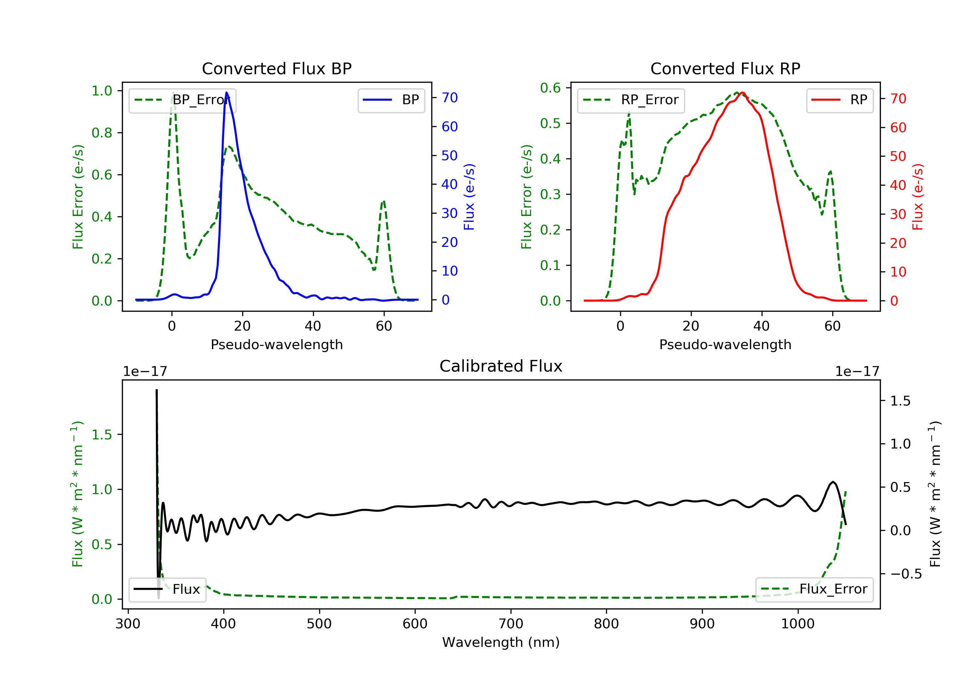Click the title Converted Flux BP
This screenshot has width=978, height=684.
click(x=276, y=68)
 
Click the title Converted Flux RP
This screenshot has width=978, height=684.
click(x=725, y=68)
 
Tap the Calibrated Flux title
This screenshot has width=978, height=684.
click(x=501, y=366)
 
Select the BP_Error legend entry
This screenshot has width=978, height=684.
click(x=182, y=100)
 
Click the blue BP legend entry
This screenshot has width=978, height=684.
click(x=391, y=100)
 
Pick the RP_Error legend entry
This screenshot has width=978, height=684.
click(x=630, y=100)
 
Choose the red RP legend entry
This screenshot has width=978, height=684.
click(x=839, y=100)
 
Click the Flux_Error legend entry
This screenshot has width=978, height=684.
click(x=814, y=589)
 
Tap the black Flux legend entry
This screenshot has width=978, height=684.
click(x=167, y=589)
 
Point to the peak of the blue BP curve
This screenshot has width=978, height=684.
click(x=226, y=93)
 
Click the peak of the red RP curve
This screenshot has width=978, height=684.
click(x=742, y=93)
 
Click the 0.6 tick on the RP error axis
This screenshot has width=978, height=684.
click(x=550, y=88)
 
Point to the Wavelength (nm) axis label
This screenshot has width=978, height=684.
click(x=501, y=642)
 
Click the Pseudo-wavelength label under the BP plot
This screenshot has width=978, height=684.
click(x=277, y=345)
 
